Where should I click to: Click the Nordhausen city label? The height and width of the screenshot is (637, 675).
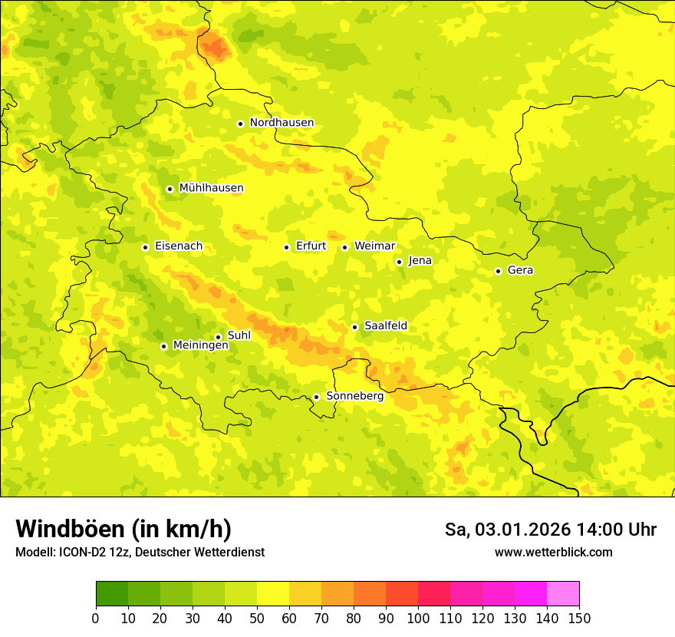282,123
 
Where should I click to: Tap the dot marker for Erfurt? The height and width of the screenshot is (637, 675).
286,247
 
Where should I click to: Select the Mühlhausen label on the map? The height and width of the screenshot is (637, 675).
211,188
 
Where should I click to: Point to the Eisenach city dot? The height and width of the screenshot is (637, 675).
145,247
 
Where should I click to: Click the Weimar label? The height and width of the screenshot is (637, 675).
374,246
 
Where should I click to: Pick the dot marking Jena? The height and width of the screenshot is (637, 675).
399,262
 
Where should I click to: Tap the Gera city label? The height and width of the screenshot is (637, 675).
520,270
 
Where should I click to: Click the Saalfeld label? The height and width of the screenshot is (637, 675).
386,326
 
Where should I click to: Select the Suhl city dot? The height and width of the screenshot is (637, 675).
218,337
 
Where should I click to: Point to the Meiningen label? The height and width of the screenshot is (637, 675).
200,345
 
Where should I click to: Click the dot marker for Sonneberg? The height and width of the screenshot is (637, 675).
316,397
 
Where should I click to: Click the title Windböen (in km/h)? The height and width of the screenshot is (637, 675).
123,529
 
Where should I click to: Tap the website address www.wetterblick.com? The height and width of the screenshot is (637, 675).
553,552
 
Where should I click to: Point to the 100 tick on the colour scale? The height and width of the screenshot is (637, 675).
418,618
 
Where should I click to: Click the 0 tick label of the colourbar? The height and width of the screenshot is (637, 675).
96,618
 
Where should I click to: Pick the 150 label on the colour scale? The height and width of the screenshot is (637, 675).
579,618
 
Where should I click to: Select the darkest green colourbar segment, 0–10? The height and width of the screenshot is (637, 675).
112,593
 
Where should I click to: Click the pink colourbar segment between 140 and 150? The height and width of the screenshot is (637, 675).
563,593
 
